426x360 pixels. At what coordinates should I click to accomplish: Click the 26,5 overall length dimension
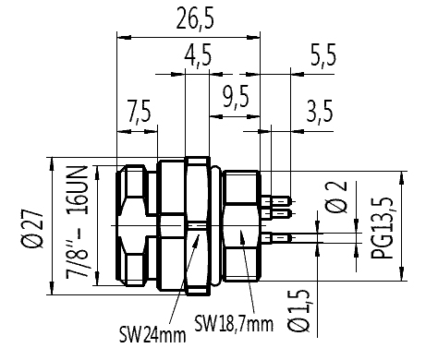coord(195,19)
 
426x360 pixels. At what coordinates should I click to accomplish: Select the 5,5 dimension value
coord(323,55)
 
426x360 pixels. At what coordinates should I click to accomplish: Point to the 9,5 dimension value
coord(236,97)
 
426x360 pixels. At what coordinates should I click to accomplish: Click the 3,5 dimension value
coord(320,112)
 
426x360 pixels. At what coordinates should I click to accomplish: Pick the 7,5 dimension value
coord(140,111)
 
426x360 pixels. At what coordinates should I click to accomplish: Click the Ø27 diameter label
coord(32,229)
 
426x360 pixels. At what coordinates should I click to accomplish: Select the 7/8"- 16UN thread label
coord(78,222)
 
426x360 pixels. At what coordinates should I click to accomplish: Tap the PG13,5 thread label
coord(383,228)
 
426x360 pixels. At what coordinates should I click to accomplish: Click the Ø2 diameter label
coord(336,197)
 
